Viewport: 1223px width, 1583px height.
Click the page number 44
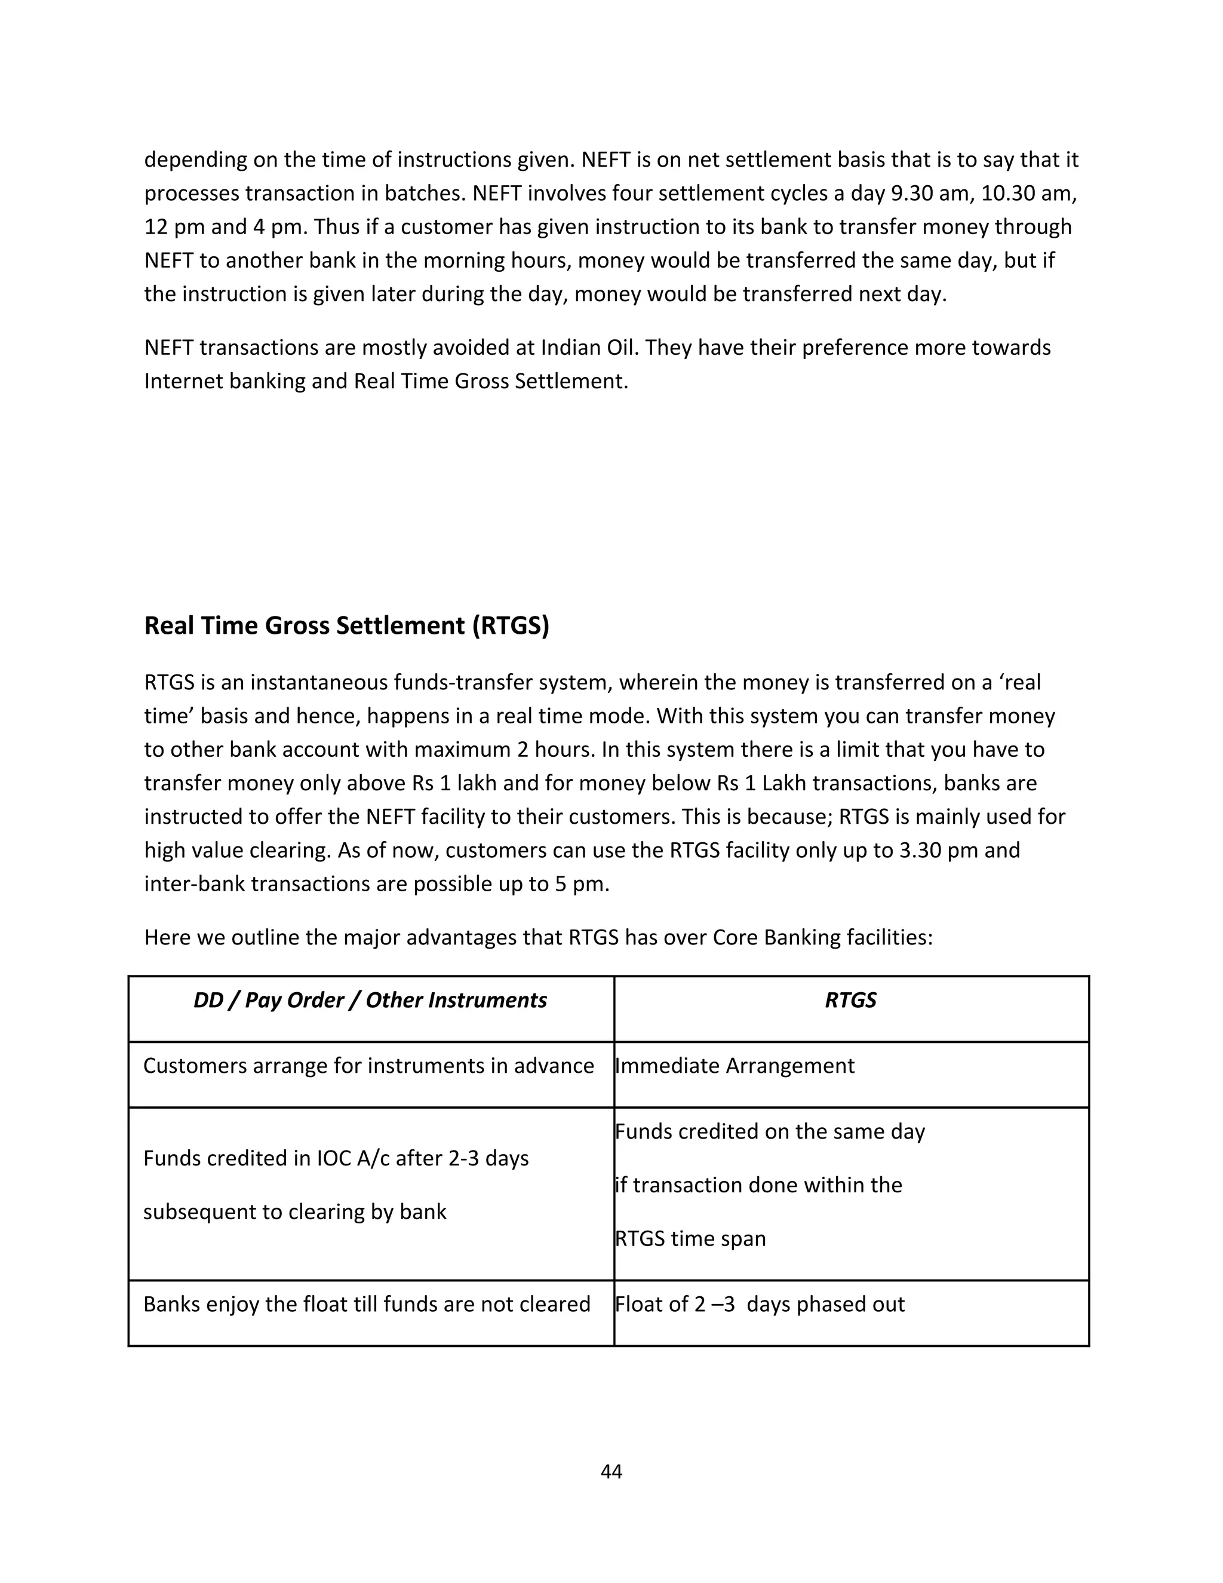click(x=611, y=1472)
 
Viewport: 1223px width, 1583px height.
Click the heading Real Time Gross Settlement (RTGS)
click(x=346, y=625)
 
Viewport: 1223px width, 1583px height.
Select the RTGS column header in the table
click(x=850, y=1001)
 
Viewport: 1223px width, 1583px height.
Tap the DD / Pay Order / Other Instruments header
click(x=370, y=1001)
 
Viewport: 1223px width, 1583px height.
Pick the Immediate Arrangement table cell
click(x=735, y=1066)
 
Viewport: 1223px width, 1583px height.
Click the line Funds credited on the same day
click(x=769, y=1132)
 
